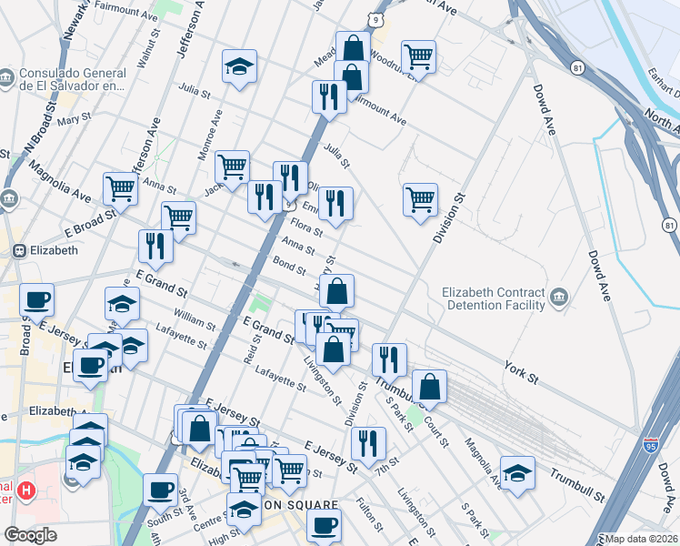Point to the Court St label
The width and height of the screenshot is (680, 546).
tap(437, 426)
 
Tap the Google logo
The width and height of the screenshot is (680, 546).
tap(30, 535)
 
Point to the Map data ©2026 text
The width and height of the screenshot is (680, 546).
tap(642, 539)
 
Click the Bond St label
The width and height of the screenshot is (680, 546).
tap(289, 266)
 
